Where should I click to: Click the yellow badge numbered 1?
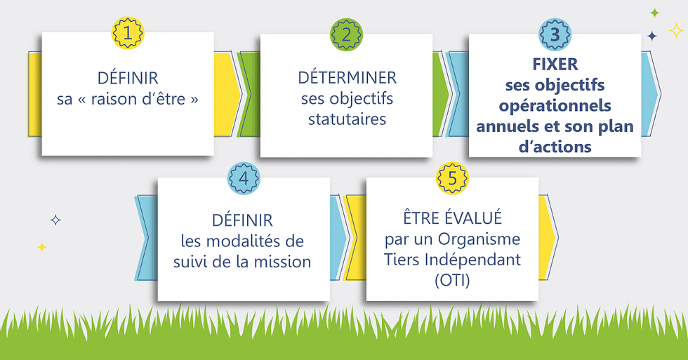click(127, 32)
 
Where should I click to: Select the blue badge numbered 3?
click(555, 33)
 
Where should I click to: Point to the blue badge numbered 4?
click(244, 178)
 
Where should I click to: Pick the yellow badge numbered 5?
click(453, 178)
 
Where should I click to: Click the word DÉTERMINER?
click(347, 77)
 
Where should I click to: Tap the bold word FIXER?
click(555, 65)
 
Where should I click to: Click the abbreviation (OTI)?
click(452, 280)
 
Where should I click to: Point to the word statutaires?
click(347, 119)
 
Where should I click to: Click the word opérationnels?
click(555, 106)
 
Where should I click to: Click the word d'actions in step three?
click(555, 147)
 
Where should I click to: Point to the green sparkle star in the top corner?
click(654, 13)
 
